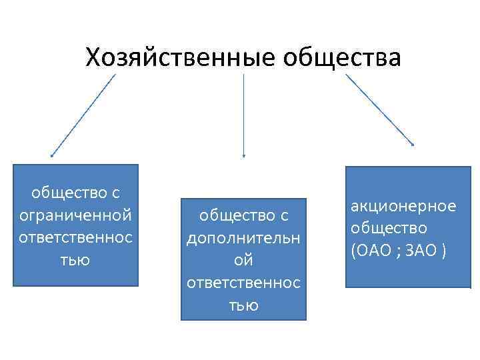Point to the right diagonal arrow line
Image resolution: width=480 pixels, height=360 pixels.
click(x=379, y=109)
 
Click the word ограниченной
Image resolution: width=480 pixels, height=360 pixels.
click(x=76, y=215)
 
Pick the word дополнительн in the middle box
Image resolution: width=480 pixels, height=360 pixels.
click(x=243, y=236)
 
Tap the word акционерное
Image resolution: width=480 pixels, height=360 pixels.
click(x=404, y=206)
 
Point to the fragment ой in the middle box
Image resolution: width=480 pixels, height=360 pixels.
click(x=243, y=259)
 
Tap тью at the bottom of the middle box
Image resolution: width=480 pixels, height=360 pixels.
click(x=243, y=305)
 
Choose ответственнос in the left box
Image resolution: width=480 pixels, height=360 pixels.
click(x=76, y=238)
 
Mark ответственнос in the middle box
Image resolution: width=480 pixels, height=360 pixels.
click(x=243, y=283)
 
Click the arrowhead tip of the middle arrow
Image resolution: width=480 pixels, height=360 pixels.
click(x=243, y=157)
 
